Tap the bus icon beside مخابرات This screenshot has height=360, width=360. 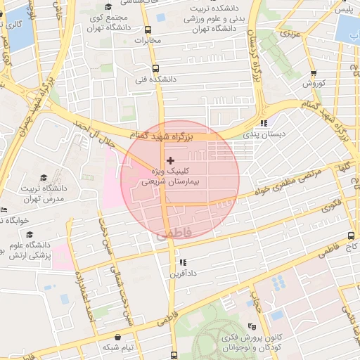(x=147, y=30)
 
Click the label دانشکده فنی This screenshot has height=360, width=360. (x=157, y=80)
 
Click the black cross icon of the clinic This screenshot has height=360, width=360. (x=170, y=161)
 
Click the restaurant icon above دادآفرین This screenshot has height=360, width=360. (x=182, y=262)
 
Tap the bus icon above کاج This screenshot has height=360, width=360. (x=351, y=236)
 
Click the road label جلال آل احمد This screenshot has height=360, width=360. (x=93, y=130)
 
